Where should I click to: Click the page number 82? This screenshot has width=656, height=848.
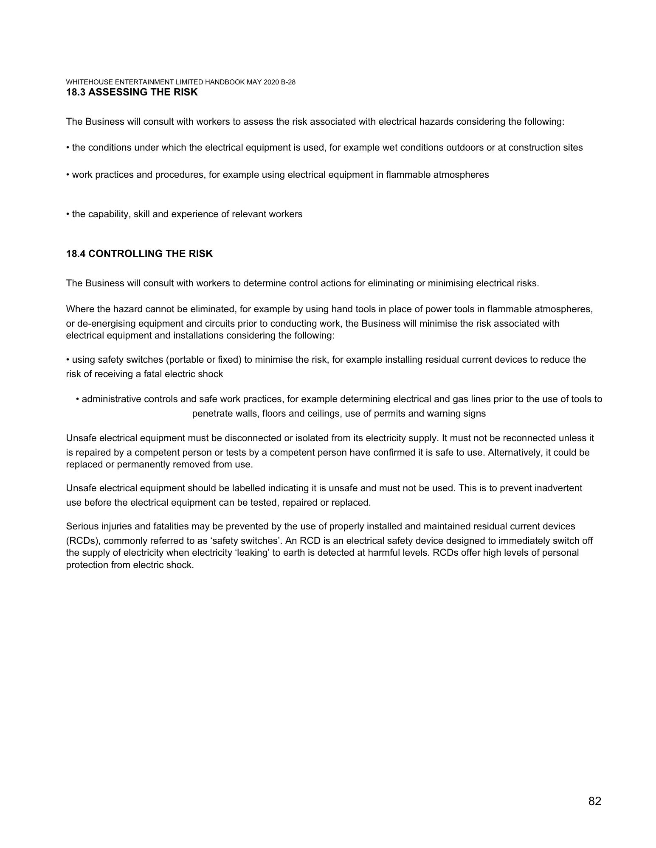point(594,801)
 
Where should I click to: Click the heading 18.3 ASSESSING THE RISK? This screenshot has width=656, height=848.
point(132,92)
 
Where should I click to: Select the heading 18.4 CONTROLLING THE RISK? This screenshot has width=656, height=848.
point(139,254)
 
